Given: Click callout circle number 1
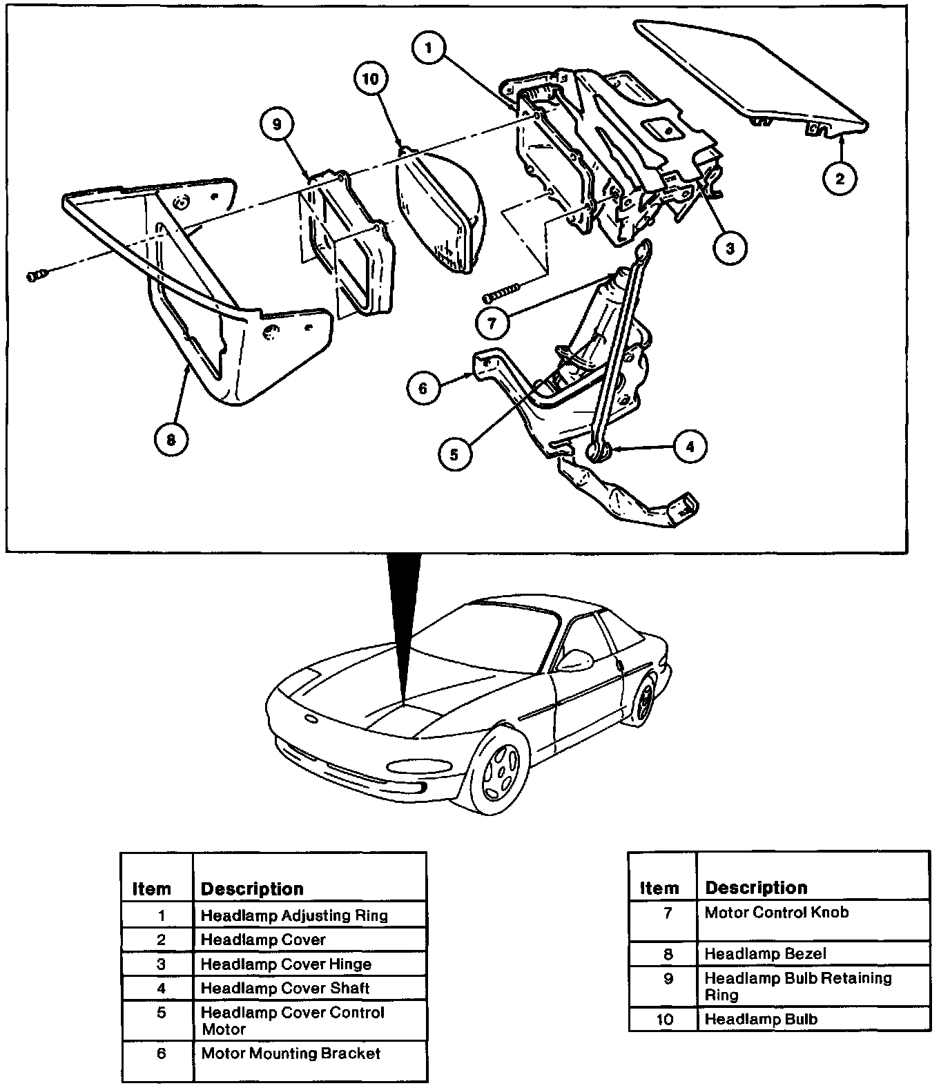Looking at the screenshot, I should (429, 48).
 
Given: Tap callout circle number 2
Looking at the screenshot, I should (840, 179).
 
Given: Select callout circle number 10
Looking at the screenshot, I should (371, 79).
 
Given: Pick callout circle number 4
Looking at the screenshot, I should (690, 447).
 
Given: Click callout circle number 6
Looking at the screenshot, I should (423, 388).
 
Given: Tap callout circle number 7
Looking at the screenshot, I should (493, 322).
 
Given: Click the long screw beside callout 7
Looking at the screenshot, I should (503, 293).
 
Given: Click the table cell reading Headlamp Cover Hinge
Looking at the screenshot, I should (286, 964).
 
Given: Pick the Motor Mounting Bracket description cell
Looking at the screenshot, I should (291, 1053).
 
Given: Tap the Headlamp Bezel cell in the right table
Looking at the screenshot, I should (765, 953).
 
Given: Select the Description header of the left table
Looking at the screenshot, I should (252, 888).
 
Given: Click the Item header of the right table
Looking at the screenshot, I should (659, 888).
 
